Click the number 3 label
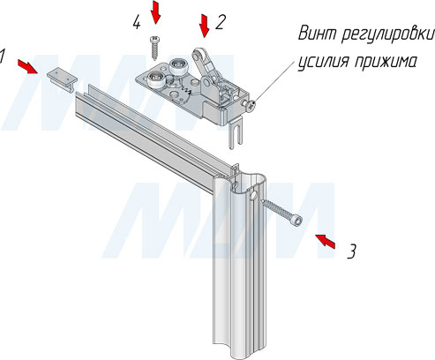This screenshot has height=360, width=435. (x=351, y=252)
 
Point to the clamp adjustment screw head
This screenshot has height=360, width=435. (x=249, y=106)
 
